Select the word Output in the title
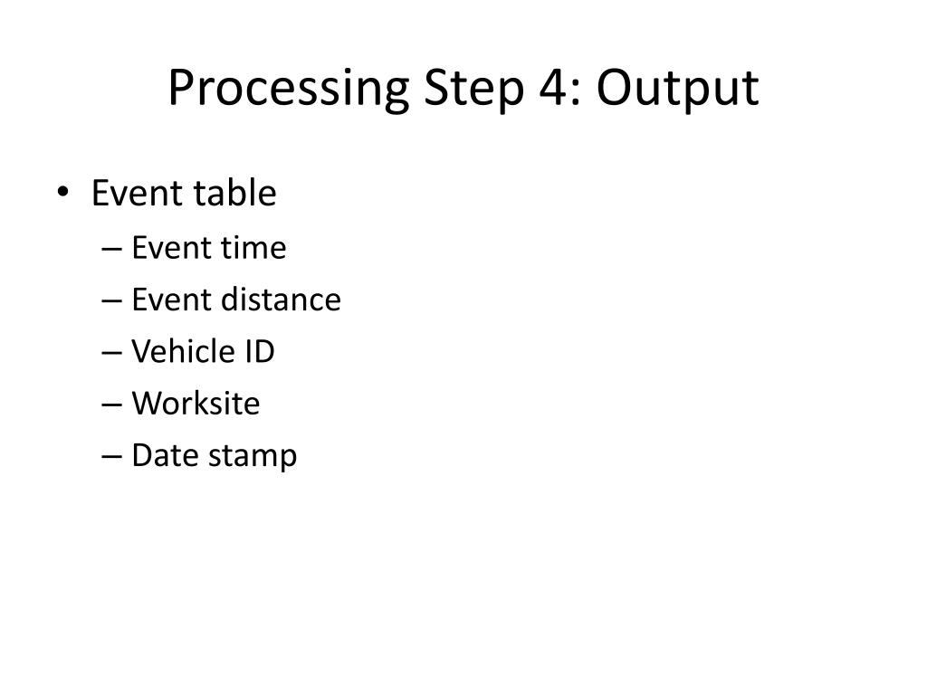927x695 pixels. coord(676,90)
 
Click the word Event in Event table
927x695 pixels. coord(136,193)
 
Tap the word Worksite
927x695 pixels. coord(196,403)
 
